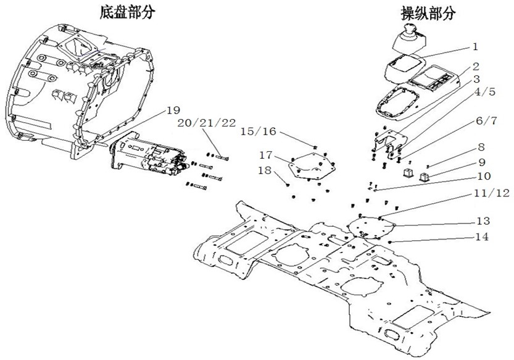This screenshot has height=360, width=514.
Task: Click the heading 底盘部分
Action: point(126,13)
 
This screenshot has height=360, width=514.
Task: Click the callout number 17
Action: point(265,154)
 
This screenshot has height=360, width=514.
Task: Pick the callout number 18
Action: point(265,170)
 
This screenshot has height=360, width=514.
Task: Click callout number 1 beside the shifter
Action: point(475,46)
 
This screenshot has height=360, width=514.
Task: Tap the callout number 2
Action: point(476,65)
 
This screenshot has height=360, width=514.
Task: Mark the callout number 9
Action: point(479,164)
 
